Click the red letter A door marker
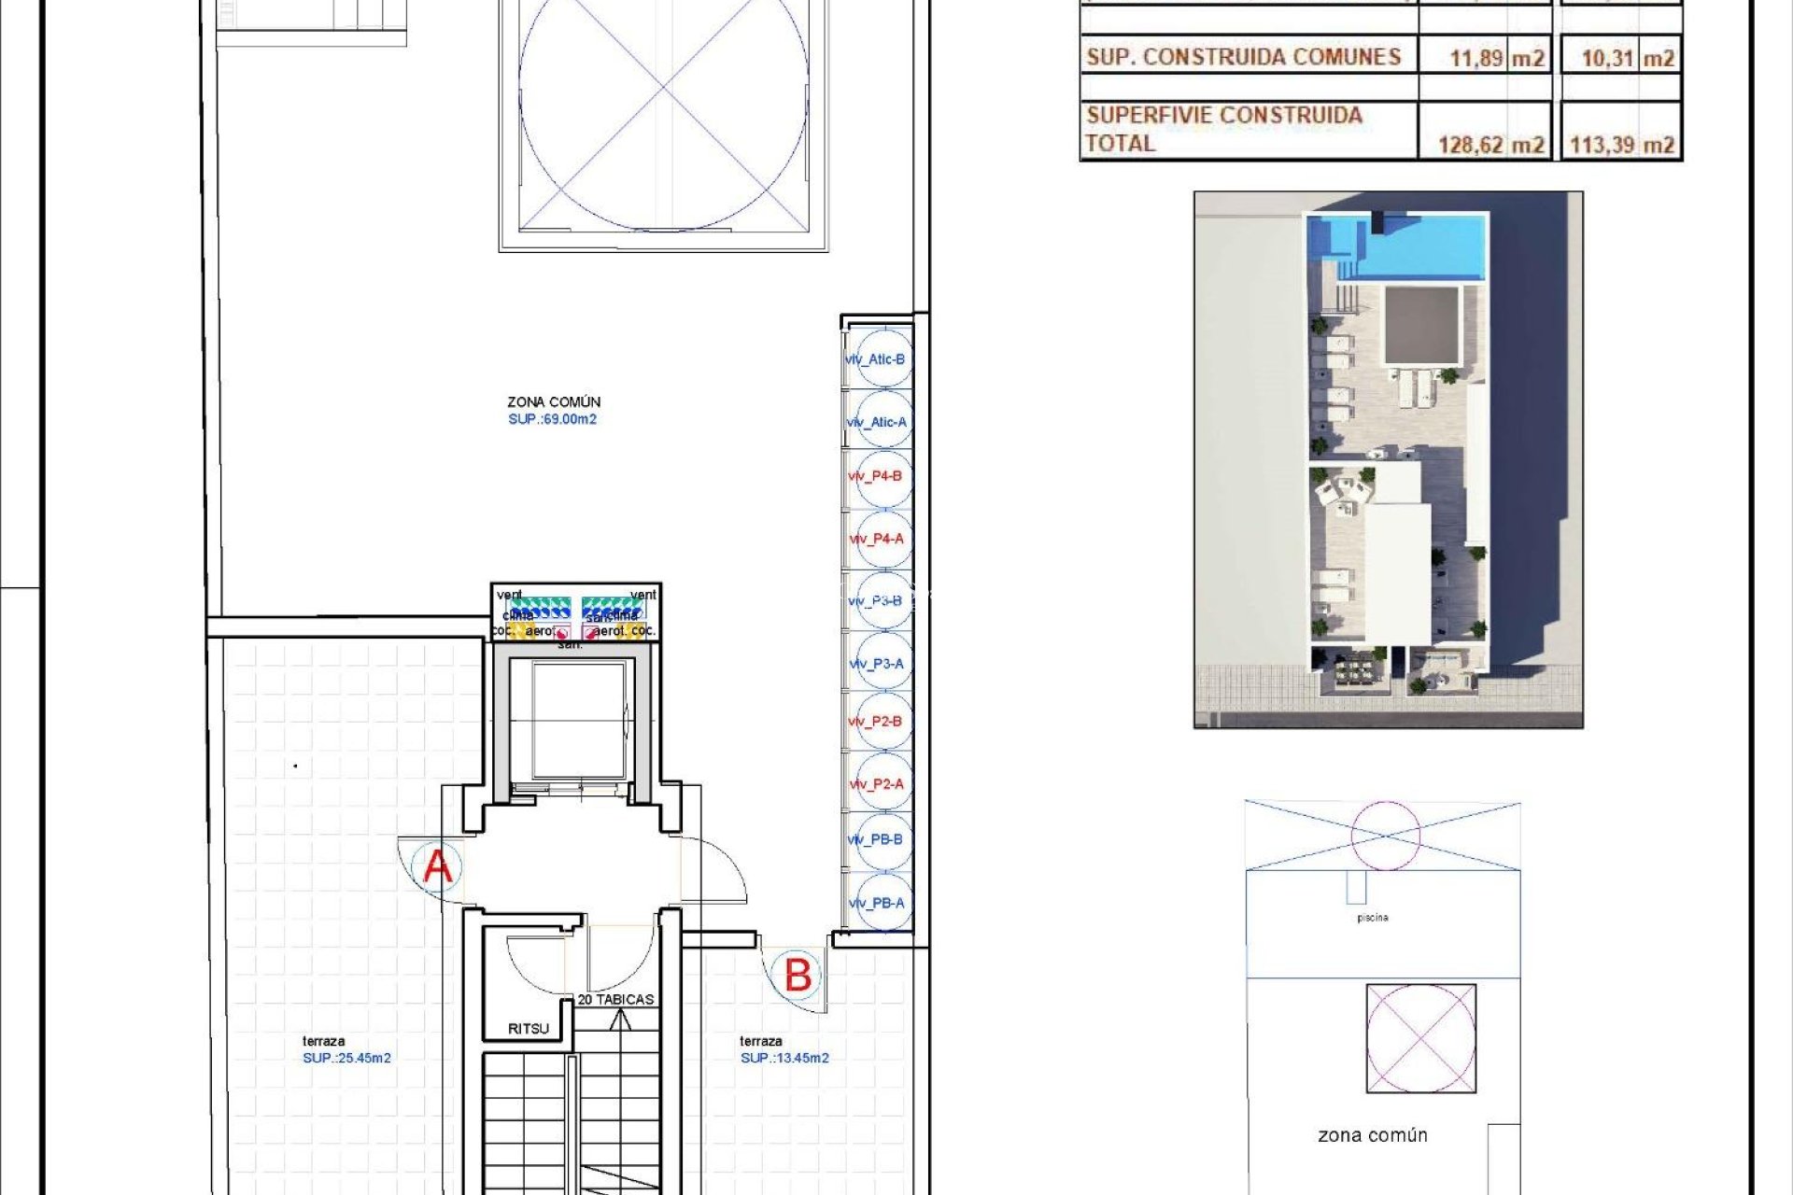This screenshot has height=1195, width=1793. [x=437, y=866]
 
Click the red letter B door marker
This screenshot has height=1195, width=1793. [x=798, y=976]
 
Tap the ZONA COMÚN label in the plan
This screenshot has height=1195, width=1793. [x=554, y=401]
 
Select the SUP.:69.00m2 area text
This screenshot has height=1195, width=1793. [x=552, y=419]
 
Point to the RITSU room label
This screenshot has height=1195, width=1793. [x=529, y=1029]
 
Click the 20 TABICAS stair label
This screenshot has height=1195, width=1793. [x=615, y=999]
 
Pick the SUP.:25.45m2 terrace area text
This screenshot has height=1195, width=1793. [x=346, y=1058]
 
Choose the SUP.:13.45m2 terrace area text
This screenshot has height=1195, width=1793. [x=784, y=1058]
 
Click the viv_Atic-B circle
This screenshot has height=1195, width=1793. [x=879, y=359]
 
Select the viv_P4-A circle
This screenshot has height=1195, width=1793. [x=879, y=540]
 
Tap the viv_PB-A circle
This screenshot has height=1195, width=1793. [x=879, y=903]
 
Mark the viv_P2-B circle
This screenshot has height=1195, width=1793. [x=879, y=722]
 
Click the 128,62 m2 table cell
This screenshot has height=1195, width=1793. [x=1489, y=145]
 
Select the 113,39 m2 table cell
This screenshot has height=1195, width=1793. [x=1621, y=145]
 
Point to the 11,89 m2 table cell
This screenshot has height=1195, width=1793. [x=1496, y=58]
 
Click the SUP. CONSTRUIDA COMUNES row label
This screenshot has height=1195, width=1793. [x=1243, y=57]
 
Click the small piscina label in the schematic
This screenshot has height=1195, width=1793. [x=1372, y=918]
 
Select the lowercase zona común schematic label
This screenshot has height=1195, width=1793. [x=1372, y=1135]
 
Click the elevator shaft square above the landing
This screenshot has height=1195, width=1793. [x=579, y=720]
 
